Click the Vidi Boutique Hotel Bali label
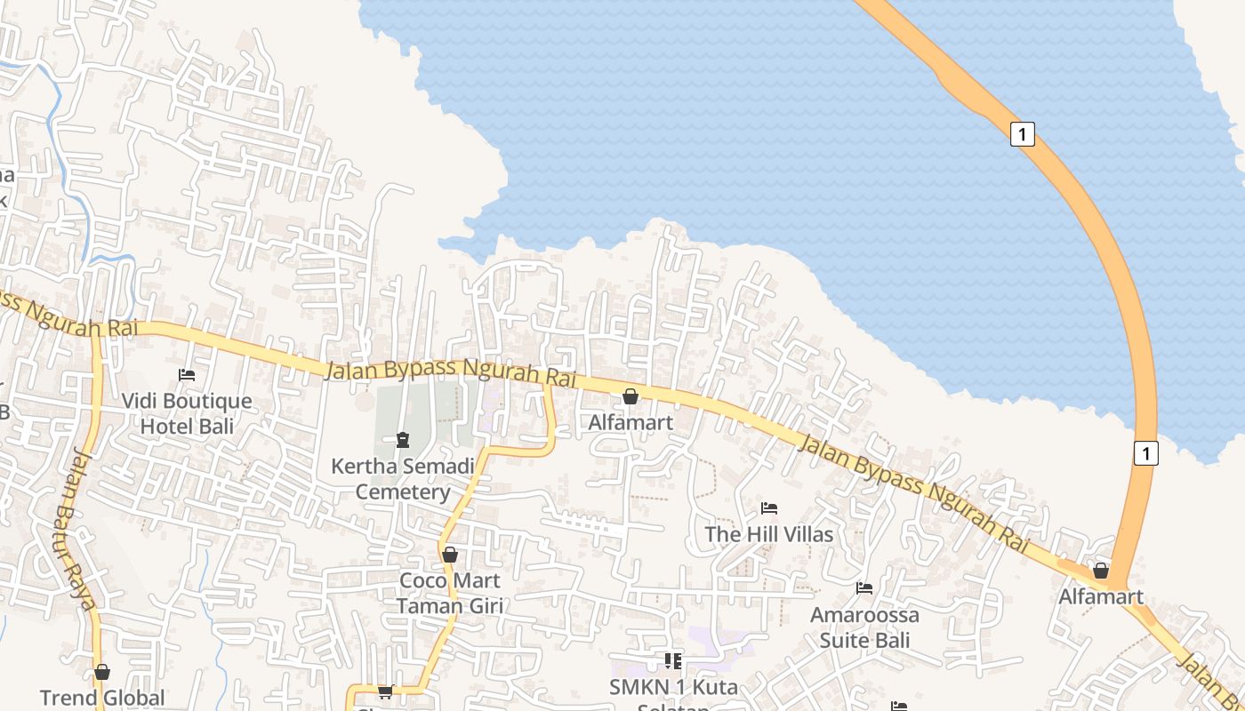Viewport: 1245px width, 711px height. click(x=187, y=413)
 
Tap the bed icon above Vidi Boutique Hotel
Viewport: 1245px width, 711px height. click(x=187, y=375)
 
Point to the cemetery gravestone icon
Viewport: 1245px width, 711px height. click(x=403, y=439)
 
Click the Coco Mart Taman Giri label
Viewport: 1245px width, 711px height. click(x=450, y=593)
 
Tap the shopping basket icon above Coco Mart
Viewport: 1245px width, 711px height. click(x=450, y=555)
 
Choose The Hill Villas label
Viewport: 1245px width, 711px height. click(x=769, y=534)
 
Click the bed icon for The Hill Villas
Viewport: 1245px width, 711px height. click(x=769, y=508)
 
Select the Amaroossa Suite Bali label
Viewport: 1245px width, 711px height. click(x=864, y=627)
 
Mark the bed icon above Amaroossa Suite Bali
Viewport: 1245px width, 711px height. click(x=864, y=588)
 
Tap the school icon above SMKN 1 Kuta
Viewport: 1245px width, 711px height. click(x=673, y=660)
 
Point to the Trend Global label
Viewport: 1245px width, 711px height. click(x=102, y=698)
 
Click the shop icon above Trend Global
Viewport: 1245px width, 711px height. click(x=102, y=672)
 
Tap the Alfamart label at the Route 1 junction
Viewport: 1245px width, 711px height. click(x=1101, y=596)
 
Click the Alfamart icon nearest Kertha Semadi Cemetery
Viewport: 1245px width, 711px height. click(x=631, y=396)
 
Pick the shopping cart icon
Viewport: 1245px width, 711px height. click(x=385, y=691)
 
